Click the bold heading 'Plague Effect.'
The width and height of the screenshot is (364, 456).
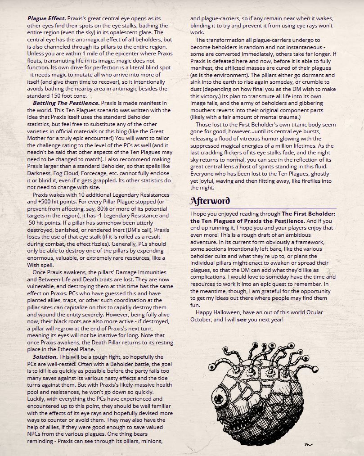coord(46,18)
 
